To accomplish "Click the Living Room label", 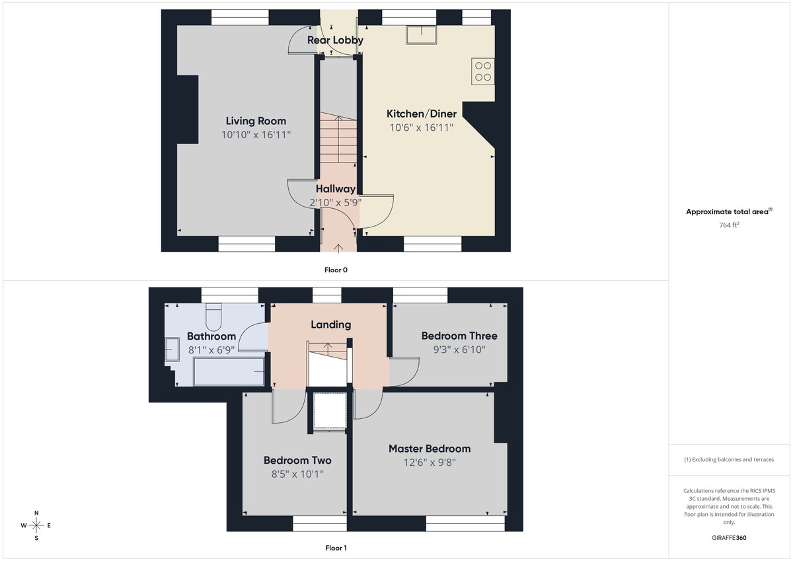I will coord(256,121).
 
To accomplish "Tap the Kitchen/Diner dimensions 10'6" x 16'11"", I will coord(420,128).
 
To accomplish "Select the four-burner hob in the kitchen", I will coord(483,71).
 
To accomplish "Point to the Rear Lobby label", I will coord(335,40).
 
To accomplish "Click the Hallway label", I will coord(335,189).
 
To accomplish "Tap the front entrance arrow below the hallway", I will coord(338,248).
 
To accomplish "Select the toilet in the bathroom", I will coord(213,318).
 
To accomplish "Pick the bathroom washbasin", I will coord(171,349).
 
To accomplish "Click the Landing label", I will coord(330,324).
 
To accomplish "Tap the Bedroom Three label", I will coord(459,336).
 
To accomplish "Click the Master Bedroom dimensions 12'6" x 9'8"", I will coord(430,463).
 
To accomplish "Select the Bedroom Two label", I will coord(297,461).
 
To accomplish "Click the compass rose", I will coord(36,525).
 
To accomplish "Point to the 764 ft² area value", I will coord(729,225).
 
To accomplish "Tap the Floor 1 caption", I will coord(336,548).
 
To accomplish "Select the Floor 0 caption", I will coord(336,270).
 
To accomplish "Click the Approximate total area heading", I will coord(728,212).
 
